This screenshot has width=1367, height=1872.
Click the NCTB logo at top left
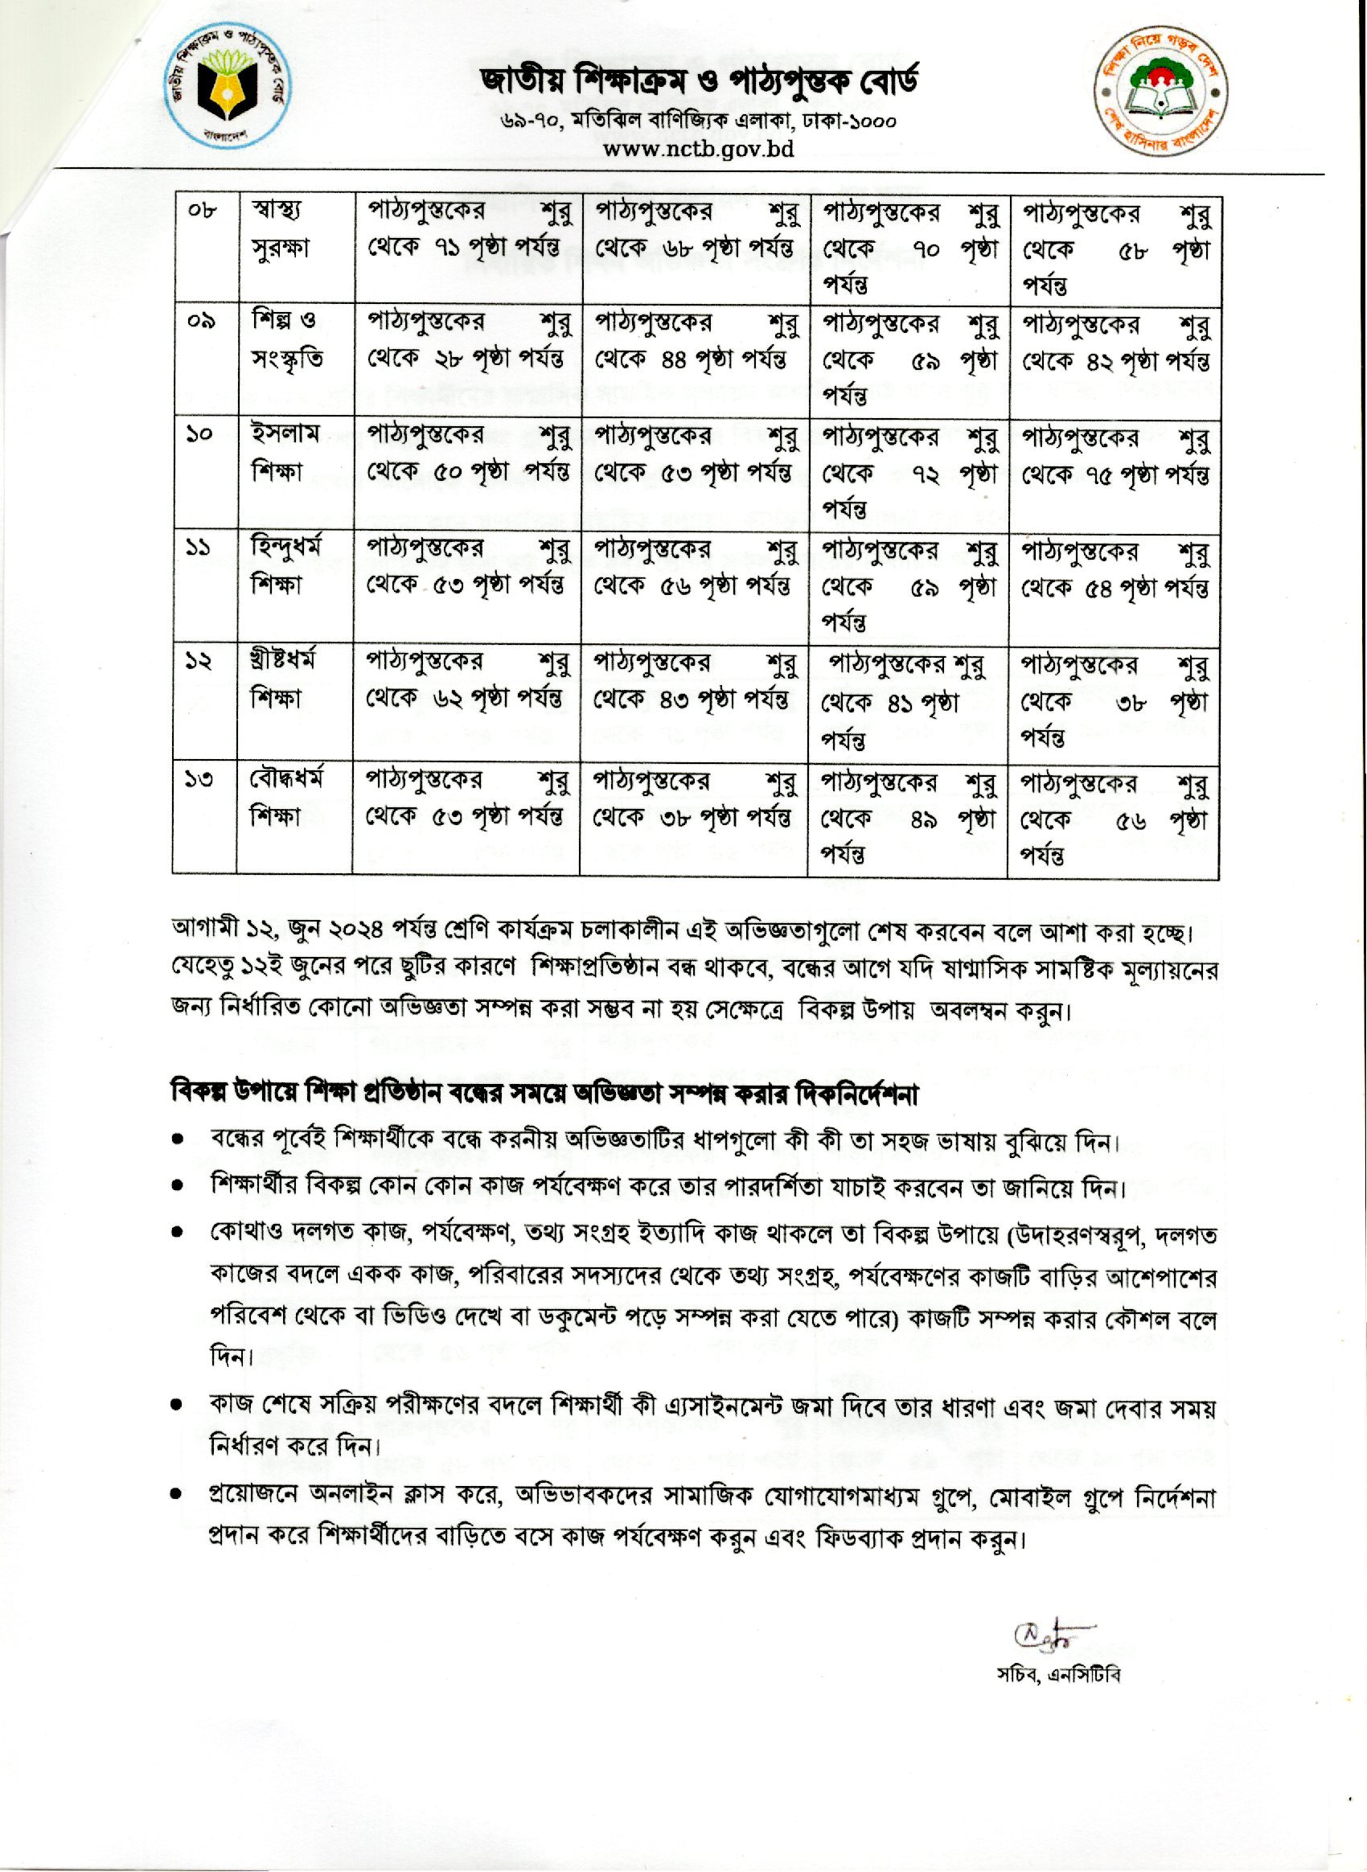point(225,88)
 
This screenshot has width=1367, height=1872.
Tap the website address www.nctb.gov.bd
point(697,149)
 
